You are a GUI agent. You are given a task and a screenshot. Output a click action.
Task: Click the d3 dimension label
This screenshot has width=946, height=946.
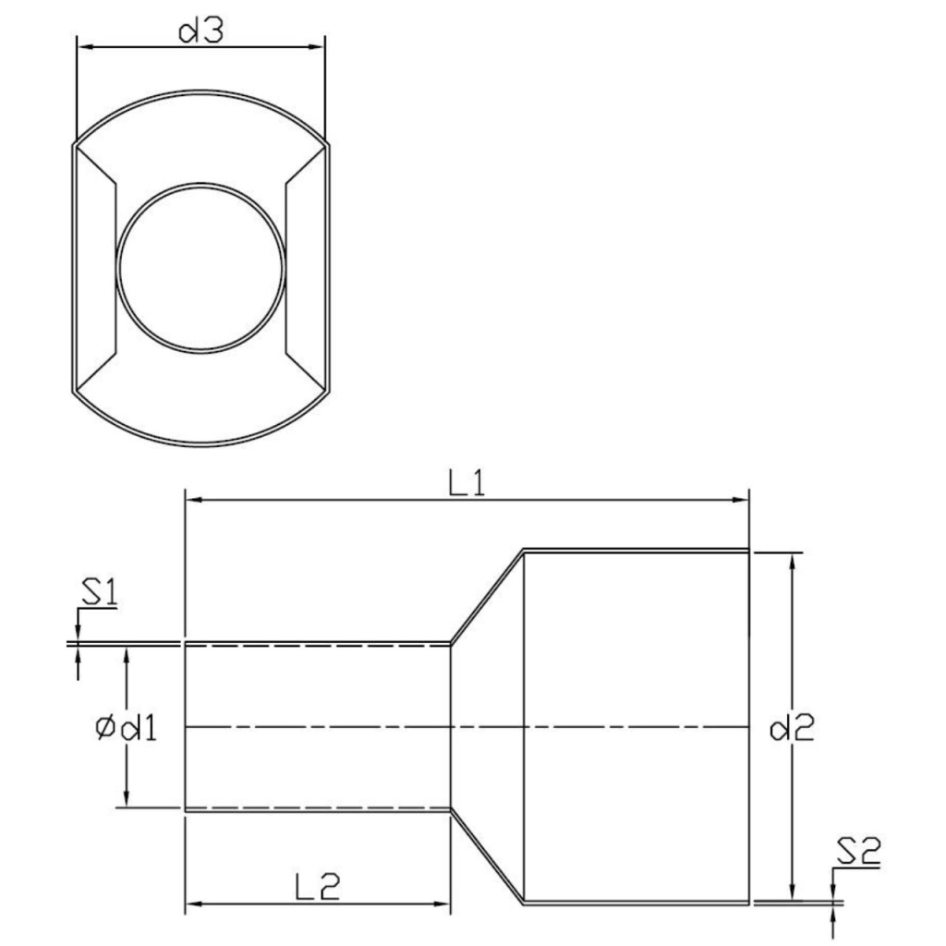(x=201, y=31)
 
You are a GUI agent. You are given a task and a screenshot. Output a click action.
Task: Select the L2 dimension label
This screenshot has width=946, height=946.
(x=318, y=887)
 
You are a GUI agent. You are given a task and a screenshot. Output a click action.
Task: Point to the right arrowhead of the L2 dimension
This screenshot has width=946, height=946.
(x=443, y=903)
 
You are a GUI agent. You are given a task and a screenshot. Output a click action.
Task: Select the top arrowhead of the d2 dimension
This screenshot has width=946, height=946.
(x=791, y=560)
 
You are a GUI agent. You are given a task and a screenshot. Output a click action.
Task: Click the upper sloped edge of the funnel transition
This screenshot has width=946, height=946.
(x=487, y=596)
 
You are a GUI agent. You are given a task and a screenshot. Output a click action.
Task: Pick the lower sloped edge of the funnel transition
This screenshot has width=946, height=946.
(x=487, y=856)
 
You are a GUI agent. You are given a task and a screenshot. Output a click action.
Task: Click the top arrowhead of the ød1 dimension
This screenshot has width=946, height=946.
(x=127, y=654)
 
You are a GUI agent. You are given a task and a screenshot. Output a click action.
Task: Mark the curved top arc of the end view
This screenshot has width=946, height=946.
(x=200, y=94)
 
